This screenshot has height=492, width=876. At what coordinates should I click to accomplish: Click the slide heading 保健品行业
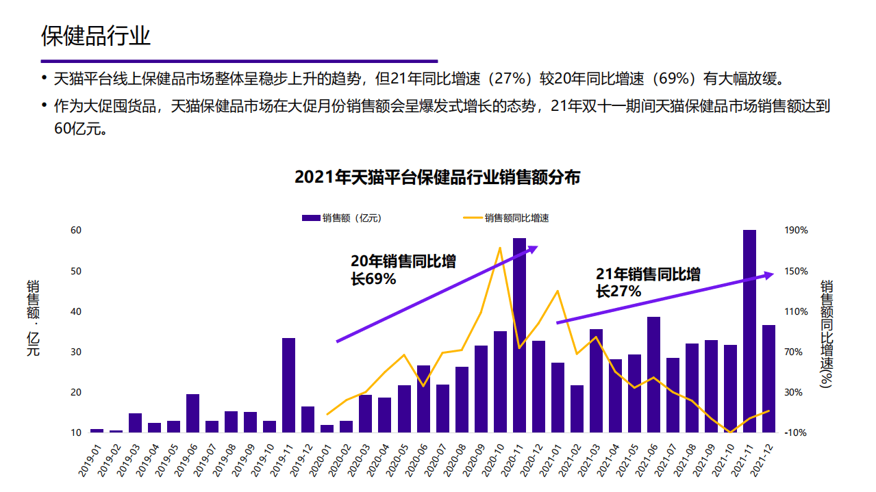96,36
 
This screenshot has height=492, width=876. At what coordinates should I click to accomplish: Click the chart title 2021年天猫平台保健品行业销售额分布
437,177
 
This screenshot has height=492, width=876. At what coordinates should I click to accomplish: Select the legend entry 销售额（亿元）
341,218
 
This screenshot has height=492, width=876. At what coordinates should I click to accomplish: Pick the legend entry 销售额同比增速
506,218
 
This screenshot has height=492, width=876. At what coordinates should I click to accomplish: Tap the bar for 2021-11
749,331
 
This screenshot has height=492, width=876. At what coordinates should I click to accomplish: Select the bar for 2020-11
519,335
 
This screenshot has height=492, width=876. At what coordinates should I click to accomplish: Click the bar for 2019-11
288,385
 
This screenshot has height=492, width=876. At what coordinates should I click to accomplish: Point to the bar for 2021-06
653,374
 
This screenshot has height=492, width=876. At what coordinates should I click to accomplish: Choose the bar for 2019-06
192,413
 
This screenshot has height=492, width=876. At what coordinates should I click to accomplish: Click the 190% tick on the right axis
796,231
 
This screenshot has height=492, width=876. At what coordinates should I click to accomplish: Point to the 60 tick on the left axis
76,231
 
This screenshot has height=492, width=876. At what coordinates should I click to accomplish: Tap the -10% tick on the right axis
796,432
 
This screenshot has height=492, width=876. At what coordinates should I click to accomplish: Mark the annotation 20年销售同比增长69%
403,270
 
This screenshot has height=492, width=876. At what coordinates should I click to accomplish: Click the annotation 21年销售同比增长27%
648,283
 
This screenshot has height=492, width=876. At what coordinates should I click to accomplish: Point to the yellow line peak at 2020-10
500,248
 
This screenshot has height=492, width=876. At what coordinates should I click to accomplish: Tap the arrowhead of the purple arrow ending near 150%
768,275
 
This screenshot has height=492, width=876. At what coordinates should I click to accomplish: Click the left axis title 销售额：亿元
33,318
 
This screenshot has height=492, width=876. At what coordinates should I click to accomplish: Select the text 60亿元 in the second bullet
73,129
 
